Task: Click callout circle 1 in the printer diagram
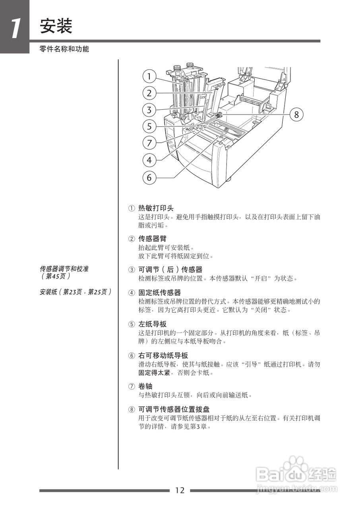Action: click(x=149, y=76)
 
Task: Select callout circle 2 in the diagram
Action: click(x=149, y=93)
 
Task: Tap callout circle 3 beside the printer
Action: click(x=149, y=110)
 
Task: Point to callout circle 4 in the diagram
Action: click(x=149, y=160)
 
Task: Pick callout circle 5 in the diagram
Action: click(x=149, y=126)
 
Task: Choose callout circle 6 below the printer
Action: click(x=149, y=177)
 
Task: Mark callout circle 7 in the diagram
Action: click(x=149, y=142)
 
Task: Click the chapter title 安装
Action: click(x=56, y=27)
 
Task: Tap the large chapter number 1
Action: click(x=15, y=29)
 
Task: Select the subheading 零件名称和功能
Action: click(x=64, y=49)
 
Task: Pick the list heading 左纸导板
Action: click(x=152, y=324)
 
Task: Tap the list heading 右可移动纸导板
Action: click(x=163, y=356)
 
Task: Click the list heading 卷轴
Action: click(x=145, y=386)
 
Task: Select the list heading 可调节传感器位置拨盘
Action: click(x=174, y=409)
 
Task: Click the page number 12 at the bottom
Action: click(x=180, y=490)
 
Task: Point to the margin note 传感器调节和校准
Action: click(x=64, y=269)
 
